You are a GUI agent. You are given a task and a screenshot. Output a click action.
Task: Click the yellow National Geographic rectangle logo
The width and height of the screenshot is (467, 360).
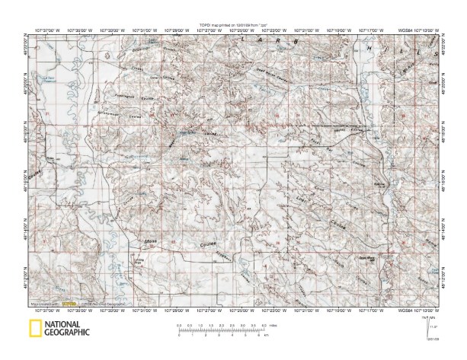click(x=34, y=329)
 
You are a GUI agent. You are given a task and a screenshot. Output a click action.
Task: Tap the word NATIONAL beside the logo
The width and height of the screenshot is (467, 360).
click(x=66, y=324)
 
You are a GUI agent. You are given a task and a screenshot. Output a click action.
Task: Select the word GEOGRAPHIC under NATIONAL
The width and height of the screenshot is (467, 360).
click(x=68, y=333)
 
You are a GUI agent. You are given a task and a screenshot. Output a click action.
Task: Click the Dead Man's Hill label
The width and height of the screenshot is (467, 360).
click(x=369, y=258)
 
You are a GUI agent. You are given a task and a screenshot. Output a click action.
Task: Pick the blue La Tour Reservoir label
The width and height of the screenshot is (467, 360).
click(x=51, y=77)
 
